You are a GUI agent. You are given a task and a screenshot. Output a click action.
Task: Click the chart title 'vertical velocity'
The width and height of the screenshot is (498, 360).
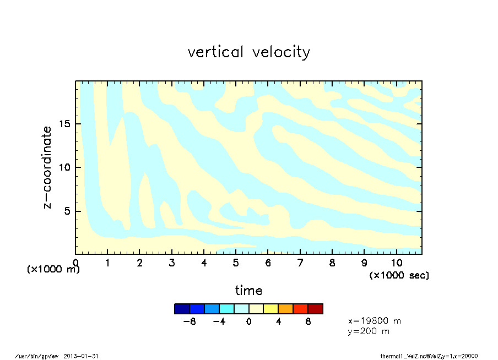(248, 52)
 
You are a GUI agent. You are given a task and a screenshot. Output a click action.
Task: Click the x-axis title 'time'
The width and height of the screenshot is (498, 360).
(248, 290)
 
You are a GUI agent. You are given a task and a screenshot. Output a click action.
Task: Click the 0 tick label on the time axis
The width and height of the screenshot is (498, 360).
(76, 263)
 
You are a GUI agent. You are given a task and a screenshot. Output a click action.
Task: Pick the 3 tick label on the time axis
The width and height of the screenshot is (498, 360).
(172, 263)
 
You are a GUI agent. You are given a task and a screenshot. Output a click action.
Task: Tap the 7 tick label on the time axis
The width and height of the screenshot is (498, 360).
(300, 263)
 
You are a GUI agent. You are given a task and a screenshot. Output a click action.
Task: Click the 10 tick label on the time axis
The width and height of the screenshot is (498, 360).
(396, 263)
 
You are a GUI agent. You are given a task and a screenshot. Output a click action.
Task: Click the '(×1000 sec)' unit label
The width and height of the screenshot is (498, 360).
(399, 275)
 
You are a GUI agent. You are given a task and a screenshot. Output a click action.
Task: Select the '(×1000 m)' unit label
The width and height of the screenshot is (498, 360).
(53, 270)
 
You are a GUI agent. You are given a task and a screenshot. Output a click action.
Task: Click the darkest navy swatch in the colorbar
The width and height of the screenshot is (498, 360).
(182, 309)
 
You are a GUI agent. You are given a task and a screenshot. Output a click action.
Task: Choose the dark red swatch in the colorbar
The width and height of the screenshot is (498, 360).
(315, 309)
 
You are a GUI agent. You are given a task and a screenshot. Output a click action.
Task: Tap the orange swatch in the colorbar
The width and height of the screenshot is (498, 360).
(285, 309)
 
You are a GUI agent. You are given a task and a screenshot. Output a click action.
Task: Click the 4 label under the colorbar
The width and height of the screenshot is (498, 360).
(278, 321)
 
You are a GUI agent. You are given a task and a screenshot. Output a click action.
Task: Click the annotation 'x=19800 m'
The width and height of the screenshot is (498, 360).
(375, 320)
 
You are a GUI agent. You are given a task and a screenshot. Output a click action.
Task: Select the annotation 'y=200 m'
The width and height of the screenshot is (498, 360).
(369, 331)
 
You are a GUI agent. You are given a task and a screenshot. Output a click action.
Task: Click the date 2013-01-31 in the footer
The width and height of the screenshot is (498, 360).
(82, 356)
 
